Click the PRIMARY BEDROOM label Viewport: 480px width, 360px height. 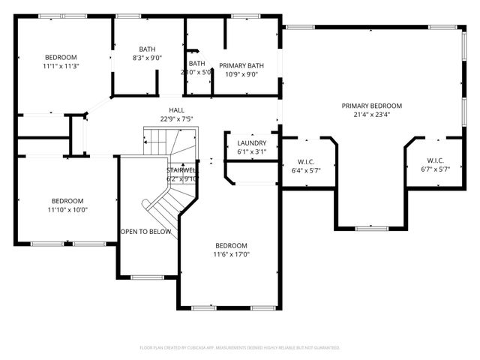(x=371, y=106)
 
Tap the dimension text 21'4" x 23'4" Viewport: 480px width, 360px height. (x=371, y=115)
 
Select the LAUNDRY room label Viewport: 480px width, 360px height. (x=251, y=143)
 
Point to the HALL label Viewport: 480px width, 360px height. (x=176, y=110)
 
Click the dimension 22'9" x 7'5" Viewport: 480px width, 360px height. (x=176, y=118)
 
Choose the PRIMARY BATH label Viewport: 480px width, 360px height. (x=241, y=65)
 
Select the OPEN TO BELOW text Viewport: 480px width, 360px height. (x=145, y=232)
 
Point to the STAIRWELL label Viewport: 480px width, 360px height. (x=181, y=170)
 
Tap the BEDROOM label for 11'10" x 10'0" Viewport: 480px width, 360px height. (x=68, y=201)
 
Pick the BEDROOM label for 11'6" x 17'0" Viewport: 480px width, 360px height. (x=231, y=246)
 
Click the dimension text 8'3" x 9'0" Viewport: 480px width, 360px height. (x=147, y=58)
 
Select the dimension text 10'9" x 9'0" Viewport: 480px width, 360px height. (x=241, y=74)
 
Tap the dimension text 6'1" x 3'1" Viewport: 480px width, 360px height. (x=251, y=152)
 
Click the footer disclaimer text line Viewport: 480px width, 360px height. (x=240, y=348)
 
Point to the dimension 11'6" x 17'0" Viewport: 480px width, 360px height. (x=231, y=255)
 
